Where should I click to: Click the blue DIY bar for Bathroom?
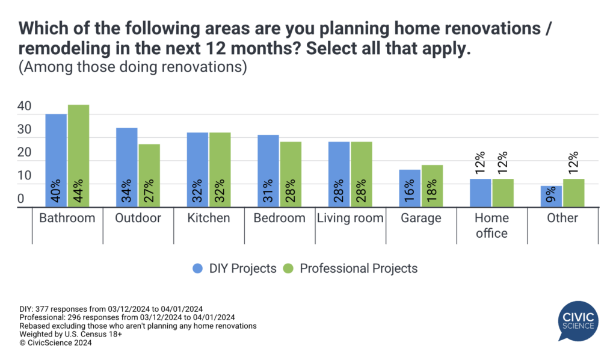(56, 160)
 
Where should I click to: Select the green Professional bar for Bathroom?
(78, 156)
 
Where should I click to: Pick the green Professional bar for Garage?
(432, 186)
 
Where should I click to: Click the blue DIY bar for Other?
(550, 197)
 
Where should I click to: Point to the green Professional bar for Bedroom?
(291, 174)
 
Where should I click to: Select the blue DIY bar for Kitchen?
(197, 170)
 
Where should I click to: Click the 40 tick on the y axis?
(24, 106)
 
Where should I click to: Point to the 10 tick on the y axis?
(24, 176)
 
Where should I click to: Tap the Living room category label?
(350, 218)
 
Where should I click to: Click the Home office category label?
(491, 225)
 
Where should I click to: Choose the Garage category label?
(421, 218)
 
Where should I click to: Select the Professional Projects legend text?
(359, 268)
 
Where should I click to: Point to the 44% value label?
(78, 191)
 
